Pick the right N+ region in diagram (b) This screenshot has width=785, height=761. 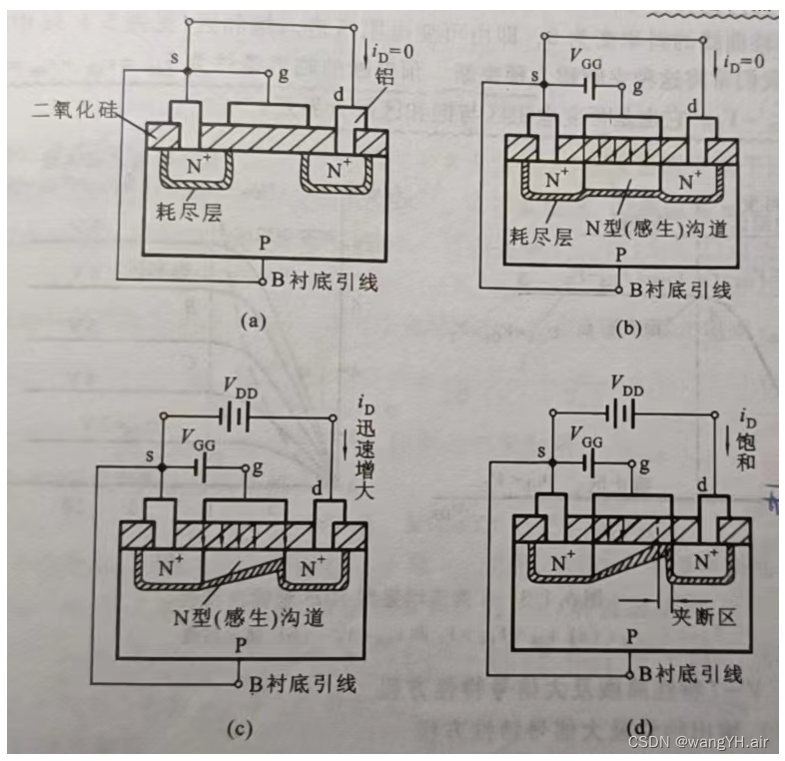pyautogui.click(x=688, y=182)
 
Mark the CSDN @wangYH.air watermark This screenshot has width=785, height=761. pyautogui.click(x=697, y=740)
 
